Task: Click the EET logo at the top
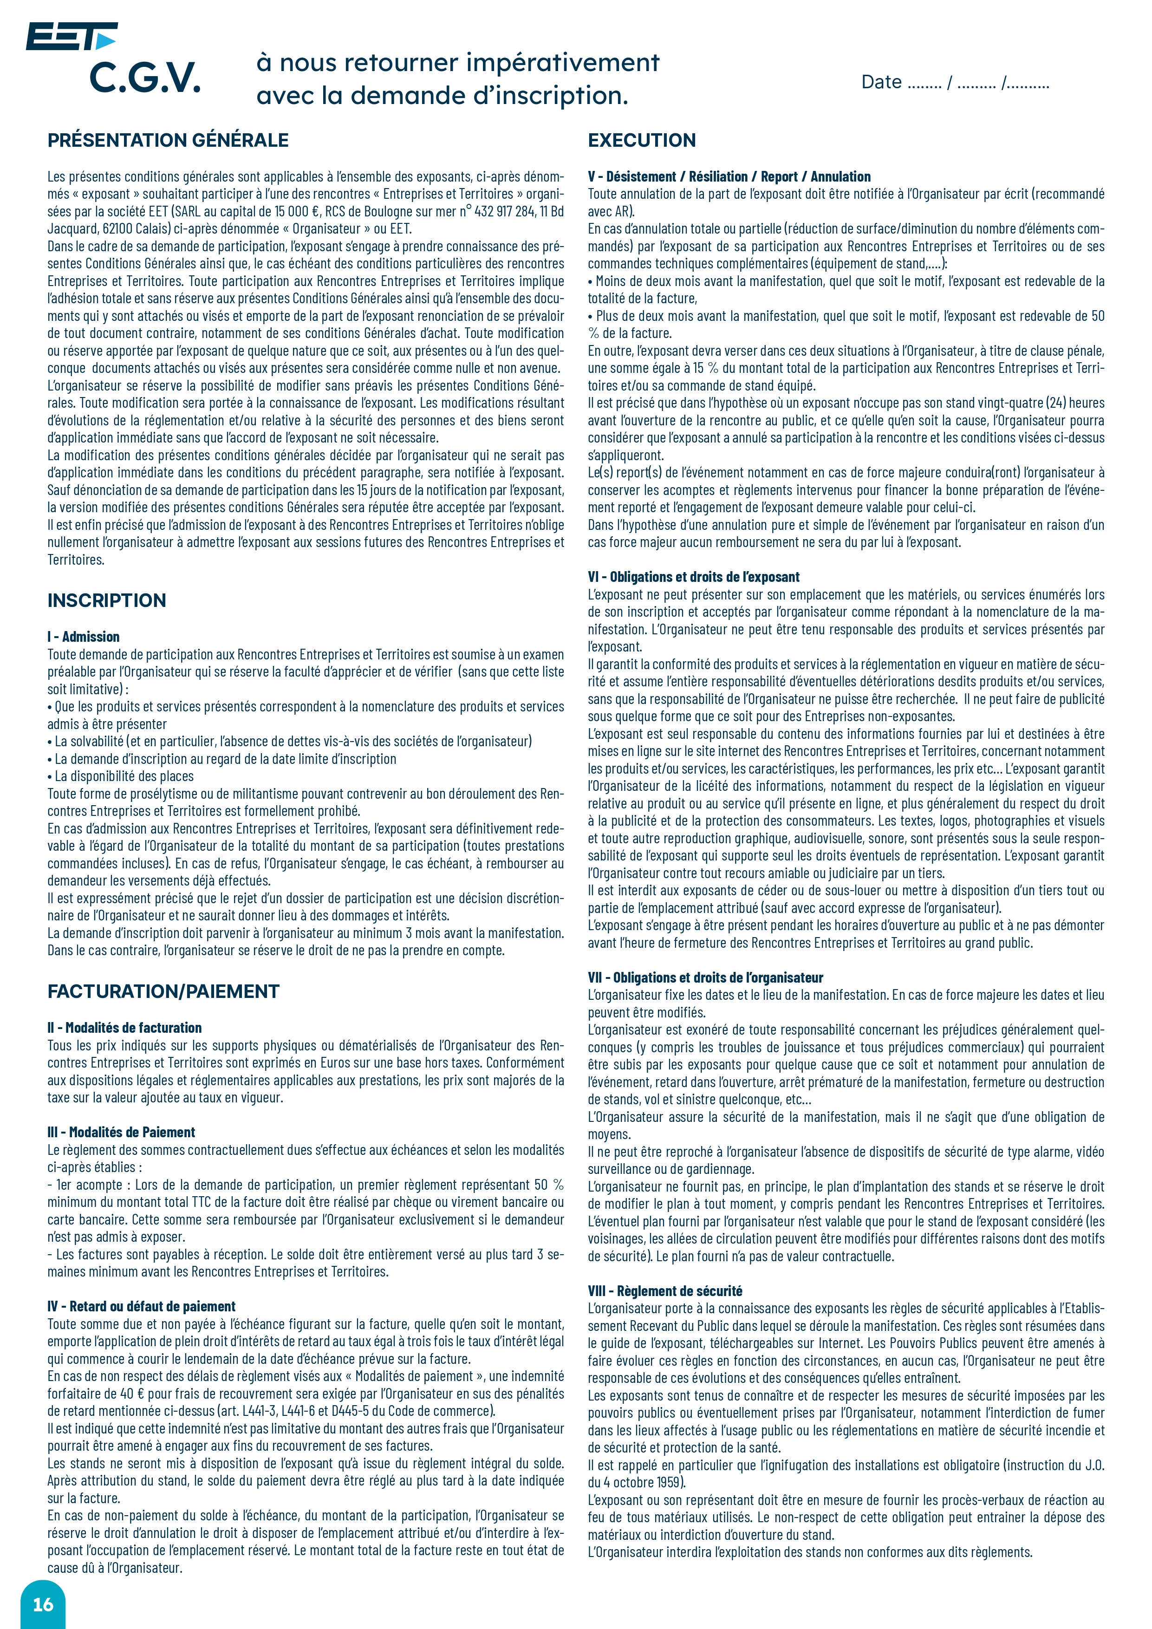click(71, 36)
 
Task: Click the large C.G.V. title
click(145, 78)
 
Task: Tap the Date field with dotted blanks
click(955, 83)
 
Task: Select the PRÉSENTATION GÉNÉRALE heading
click(168, 141)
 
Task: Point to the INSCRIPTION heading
click(106, 600)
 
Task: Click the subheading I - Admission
click(84, 637)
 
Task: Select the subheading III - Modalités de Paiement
click(121, 1132)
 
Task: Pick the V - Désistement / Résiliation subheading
click(729, 176)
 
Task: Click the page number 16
click(43, 1604)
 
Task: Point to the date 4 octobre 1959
click(642, 1482)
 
